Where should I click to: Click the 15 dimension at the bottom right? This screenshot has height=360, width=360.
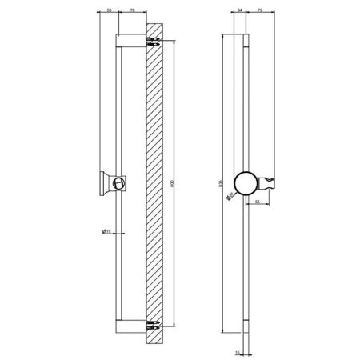[x=238, y=350]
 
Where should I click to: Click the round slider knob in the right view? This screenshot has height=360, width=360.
[x=246, y=182]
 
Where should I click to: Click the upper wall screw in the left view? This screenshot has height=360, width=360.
[x=153, y=42]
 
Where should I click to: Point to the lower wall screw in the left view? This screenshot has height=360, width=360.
[x=153, y=324]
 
